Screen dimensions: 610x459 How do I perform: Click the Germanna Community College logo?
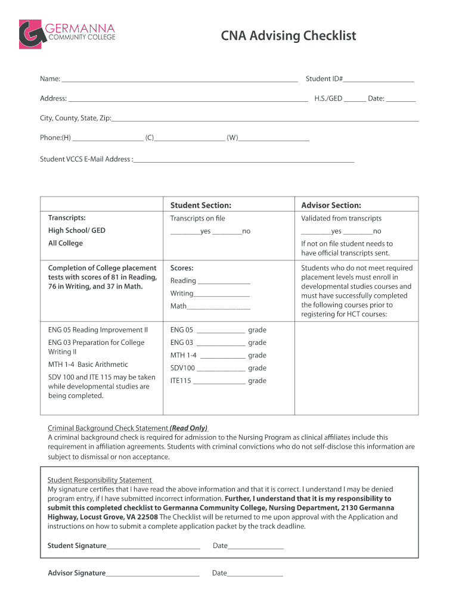coord(66,34)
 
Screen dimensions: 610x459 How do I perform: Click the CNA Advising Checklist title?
coord(288,36)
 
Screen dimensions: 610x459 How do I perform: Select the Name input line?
coord(179,80)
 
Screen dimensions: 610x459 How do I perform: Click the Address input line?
coord(188,99)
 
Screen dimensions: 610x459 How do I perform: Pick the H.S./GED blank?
coord(355,99)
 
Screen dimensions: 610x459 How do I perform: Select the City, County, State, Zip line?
coord(265,119)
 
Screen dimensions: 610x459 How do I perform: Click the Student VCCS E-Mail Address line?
coord(244,160)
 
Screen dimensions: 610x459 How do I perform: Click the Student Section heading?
coord(200,205)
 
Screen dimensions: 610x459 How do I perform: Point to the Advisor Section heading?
coord(331,205)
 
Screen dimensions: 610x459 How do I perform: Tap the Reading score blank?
coord(224,282)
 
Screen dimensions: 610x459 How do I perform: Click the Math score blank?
coord(219,307)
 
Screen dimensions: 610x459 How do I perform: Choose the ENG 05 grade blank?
coord(220,331)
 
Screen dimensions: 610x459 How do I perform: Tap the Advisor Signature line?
coord(153,574)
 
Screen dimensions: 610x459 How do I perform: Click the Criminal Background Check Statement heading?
coord(128,428)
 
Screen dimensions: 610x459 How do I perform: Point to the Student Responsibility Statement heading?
coord(100,480)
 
